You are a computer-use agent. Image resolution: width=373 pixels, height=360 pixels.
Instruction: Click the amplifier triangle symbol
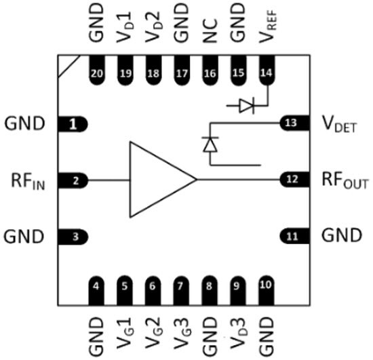[159, 180]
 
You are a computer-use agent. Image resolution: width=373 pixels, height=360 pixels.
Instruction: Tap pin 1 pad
[76, 124]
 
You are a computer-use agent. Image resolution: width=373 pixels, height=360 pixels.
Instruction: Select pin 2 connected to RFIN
[76, 180]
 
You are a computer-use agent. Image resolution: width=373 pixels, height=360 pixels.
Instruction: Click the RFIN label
[28, 180]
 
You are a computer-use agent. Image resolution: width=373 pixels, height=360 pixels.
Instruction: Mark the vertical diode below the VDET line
[210, 144]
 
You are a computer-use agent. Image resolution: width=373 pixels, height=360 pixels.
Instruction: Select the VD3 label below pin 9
[237, 332]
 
